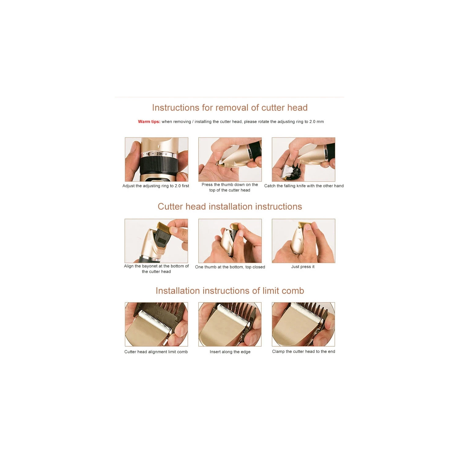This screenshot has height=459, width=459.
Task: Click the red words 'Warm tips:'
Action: coord(149,122)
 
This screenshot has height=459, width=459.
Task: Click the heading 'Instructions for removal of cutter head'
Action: coord(230,108)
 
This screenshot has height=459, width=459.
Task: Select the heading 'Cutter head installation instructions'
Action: coord(230,207)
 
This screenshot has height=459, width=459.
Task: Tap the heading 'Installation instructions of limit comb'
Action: coord(230,291)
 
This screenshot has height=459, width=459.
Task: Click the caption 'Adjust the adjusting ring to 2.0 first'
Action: coord(156,186)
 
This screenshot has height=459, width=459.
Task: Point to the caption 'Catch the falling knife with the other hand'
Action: coord(304,186)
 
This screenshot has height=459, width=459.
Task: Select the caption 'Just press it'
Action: coord(303,267)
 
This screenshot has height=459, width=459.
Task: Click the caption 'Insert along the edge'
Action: coord(230,352)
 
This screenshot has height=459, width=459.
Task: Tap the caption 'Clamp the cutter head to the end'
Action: coord(304,352)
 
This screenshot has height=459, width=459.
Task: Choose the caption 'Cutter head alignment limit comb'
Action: coord(156,352)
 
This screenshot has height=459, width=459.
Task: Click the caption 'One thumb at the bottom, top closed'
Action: coord(230,267)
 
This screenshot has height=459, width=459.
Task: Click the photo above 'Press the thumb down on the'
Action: coord(230,160)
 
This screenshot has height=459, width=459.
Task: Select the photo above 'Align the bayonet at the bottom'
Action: coord(156,241)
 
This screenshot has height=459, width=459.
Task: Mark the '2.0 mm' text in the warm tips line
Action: coord(316,122)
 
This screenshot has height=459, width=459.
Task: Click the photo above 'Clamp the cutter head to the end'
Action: coord(304,324)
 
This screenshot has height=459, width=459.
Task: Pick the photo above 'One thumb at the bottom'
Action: coord(230,241)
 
